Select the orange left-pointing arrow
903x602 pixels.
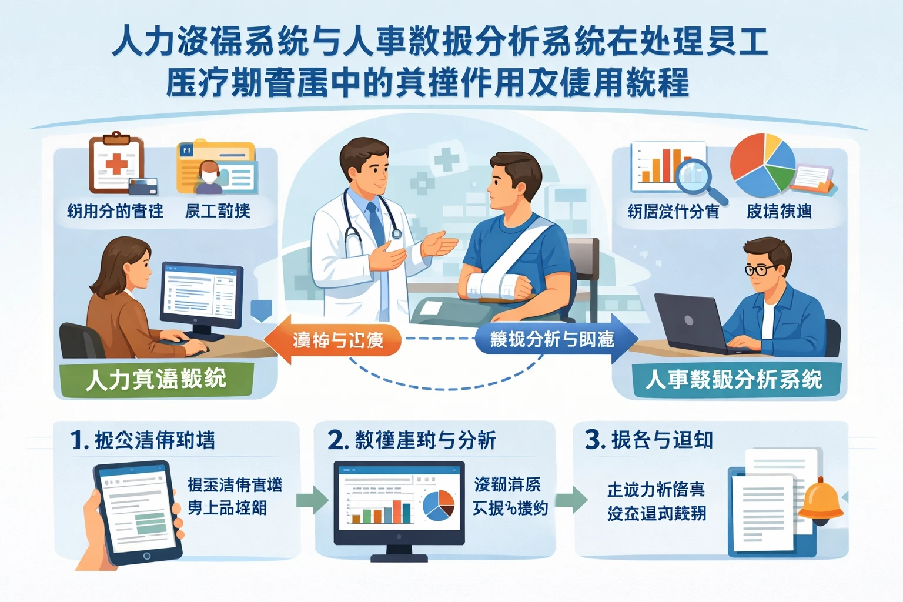[332, 339]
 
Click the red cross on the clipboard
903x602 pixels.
[116, 163]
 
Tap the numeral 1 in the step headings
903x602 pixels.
[77, 440]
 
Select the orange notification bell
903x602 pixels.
[821, 500]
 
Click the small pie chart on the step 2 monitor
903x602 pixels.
[439, 506]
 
